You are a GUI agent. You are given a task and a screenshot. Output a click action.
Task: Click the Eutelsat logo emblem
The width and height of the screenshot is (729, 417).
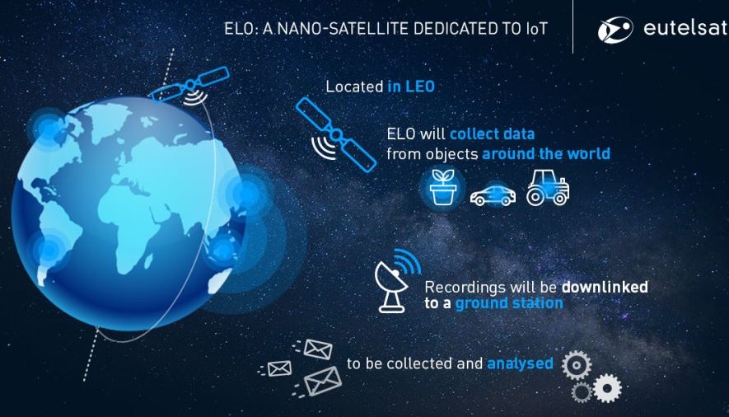point(615,30)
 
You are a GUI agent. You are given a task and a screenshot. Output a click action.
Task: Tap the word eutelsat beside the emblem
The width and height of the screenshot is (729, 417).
point(686,28)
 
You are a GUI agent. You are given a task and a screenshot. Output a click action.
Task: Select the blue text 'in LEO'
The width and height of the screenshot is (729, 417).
point(411,87)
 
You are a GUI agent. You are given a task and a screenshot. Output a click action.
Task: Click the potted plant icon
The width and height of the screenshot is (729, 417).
point(442,187)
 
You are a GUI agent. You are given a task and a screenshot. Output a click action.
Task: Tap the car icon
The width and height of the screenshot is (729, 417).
point(493,195)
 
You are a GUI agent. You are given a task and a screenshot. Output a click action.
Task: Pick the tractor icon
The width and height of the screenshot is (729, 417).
point(548,187)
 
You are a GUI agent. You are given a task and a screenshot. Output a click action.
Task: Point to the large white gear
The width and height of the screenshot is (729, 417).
point(607,388)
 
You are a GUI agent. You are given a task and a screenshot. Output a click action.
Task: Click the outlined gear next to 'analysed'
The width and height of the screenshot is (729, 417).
point(577,365)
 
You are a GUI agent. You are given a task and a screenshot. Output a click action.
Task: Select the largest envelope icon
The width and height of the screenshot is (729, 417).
point(323,382)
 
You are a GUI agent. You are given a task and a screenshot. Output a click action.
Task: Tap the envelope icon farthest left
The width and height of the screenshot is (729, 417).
point(279,368)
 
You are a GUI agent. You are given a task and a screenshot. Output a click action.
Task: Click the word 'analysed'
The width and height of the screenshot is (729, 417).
point(521,363)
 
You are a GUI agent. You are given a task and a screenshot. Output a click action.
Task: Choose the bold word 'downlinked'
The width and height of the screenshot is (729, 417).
point(605,287)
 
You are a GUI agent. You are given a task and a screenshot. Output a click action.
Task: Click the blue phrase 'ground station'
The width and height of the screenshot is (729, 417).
point(509,303)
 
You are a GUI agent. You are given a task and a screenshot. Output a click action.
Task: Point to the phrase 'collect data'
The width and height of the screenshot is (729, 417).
point(493,134)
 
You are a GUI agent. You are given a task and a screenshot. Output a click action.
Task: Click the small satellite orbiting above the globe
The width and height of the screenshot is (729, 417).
point(190,86)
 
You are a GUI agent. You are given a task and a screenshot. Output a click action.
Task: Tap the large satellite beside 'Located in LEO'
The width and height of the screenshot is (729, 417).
point(336,135)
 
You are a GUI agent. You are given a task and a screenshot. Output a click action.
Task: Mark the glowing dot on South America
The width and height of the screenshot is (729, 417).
point(49,251)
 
